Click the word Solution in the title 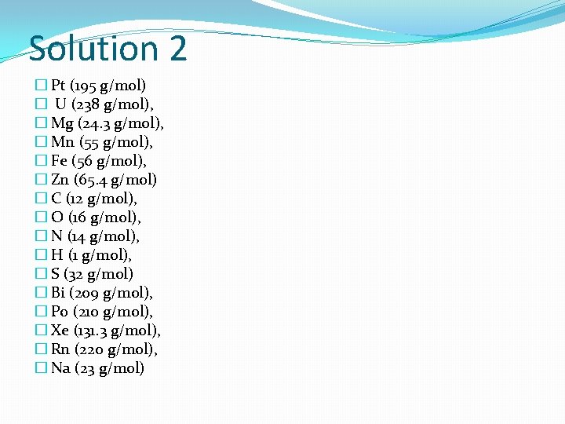93,49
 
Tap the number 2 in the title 177,49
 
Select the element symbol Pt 58,86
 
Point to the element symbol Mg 61,123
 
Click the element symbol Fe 59,161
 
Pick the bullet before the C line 41,199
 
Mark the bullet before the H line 41,255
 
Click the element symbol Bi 57,293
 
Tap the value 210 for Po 87,312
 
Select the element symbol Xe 59,331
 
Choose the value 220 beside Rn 93,349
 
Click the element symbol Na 60,368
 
